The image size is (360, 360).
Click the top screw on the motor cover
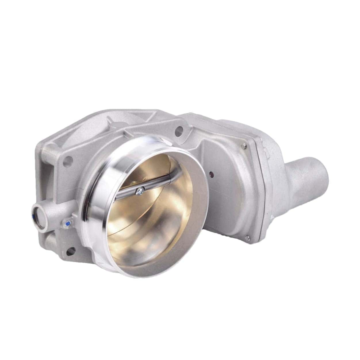point(244,146)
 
